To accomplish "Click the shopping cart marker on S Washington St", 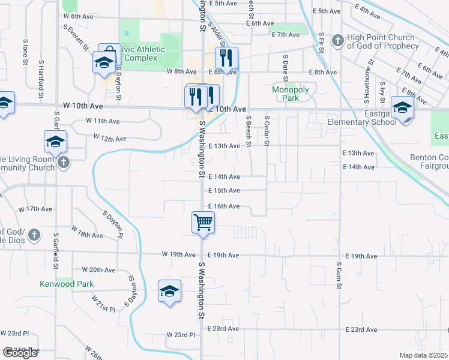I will tap(203, 222).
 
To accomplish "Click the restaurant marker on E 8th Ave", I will tap(227, 58).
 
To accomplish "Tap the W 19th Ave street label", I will tap(179, 254).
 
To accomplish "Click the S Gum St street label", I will tap(339, 272).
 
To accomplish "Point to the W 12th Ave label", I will tap(110, 139).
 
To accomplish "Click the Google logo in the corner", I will tap(20, 353).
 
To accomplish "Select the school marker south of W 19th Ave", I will tap(170, 291).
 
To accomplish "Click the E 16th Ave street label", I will tap(224, 206).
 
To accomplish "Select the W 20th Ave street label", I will tap(98, 270).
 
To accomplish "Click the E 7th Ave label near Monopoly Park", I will tap(286, 35).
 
